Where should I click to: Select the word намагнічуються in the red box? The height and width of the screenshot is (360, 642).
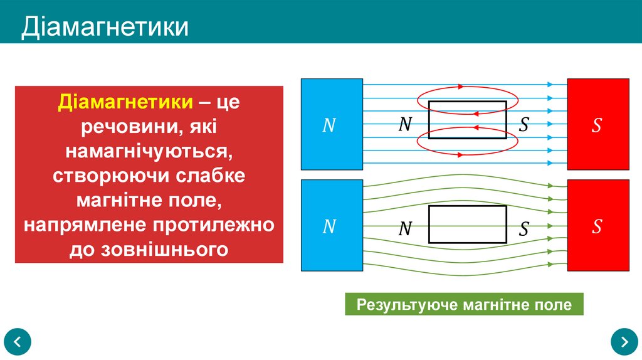[149, 152]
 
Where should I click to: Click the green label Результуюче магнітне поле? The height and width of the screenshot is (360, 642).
[464, 305]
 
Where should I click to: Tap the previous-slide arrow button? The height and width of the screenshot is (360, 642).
[18, 342]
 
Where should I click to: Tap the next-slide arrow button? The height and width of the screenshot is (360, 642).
[624, 342]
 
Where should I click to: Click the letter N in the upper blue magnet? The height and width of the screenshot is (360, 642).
[329, 125]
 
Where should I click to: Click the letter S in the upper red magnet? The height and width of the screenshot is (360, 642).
[597, 125]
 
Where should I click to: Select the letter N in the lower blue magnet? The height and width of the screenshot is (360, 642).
[329, 226]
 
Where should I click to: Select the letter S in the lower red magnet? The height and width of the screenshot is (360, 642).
[597, 226]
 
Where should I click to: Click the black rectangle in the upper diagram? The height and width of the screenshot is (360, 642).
[467, 120]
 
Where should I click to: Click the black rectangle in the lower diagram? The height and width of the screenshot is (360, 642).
[467, 224]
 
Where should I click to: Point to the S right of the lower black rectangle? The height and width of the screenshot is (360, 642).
[524, 229]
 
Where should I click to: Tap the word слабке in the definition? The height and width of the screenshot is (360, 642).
[210, 176]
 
